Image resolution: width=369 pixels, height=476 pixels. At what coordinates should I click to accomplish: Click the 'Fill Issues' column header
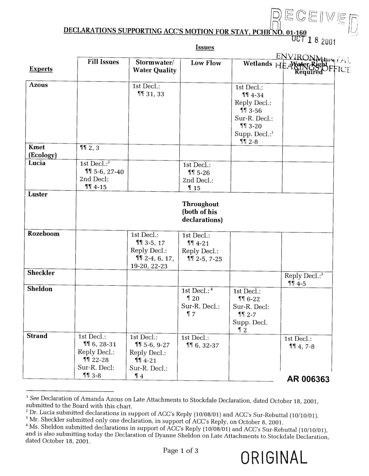(103, 62)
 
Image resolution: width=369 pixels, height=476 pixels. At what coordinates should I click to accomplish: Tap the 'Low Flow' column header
(206, 63)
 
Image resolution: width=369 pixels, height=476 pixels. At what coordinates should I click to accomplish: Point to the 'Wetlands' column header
(257, 64)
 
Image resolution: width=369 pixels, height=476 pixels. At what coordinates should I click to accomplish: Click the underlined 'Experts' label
(41, 69)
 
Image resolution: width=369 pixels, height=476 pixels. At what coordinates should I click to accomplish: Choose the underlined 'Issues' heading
(204, 47)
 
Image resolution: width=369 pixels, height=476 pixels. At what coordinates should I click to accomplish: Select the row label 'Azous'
(38, 85)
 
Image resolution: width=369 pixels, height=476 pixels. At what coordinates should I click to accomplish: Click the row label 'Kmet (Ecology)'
(41, 151)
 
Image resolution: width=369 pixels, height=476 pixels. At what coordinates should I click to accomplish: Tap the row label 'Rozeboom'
(43, 234)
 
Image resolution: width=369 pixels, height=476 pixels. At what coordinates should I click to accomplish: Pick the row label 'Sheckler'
(41, 273)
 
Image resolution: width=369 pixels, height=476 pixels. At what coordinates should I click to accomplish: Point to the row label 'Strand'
(37, 336)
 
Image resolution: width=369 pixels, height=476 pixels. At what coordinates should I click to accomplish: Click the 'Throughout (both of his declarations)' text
(200, 212)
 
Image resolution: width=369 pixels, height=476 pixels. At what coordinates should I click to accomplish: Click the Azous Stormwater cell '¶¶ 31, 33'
(150, 94)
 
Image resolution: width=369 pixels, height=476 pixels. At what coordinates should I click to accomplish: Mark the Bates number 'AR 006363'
(308, 379)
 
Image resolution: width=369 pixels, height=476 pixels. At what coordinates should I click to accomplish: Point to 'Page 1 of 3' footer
(180, 451)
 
